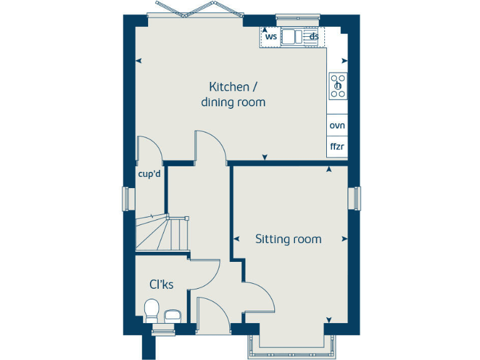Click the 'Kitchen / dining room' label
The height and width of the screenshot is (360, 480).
click(x=233, y=94)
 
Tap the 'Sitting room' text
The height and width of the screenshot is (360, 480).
click(x=288, y=239)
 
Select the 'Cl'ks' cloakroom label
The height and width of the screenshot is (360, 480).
click(x=161, y=284)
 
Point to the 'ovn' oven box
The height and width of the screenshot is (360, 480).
click(x=337, y=125)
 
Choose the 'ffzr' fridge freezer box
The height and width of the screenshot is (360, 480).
click(x=337, y=147)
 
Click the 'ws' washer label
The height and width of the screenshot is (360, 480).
click(x=271, y=36)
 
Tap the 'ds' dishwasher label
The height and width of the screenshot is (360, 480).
click(x=314, y=36)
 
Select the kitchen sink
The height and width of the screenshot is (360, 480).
click(x=291, y=37)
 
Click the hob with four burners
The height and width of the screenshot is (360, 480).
click(x=337, y=86)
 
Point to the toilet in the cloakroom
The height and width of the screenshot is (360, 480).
click(x=151, y=310)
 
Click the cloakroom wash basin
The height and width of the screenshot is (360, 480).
click(x=172, y=316)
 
